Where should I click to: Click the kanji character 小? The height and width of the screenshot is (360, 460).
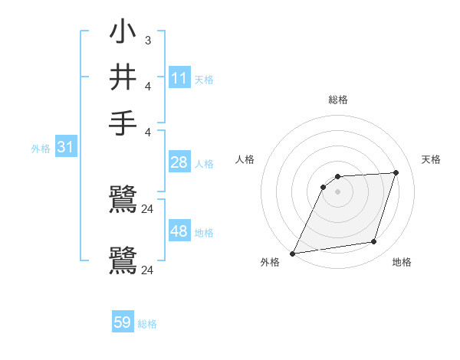click(x=123, y=32)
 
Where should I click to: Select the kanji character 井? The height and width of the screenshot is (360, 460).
click(x=123, y=77)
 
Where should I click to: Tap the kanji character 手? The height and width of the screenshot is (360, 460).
click(x=123, y=123)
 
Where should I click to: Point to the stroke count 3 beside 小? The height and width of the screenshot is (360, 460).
click(x=147, y=41)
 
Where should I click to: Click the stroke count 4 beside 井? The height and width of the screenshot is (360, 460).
click(x=147, y=86)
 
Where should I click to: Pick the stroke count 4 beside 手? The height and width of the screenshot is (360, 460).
click(x=147, y=131)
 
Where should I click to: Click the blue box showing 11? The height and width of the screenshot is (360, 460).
click(x=179, y=78)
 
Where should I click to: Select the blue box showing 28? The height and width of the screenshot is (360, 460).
click(x=179, y=162)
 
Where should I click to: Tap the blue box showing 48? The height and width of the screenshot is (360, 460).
click(x=179, y=231)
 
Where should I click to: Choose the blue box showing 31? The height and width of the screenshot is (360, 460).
click(x=65, y=147)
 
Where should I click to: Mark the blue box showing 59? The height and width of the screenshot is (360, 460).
click(x=123, y=322)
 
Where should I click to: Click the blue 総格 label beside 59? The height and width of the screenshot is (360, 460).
click(x=147, y=324)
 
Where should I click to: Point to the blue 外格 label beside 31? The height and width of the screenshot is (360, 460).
click(x=40, y=149)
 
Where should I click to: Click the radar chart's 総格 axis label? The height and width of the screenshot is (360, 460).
click(x=337, y=100)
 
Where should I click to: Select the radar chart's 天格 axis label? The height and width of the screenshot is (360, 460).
click(x=431, y=159)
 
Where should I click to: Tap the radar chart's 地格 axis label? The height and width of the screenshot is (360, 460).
click(x=402, y=263)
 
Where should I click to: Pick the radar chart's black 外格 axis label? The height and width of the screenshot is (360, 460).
click(x=270, y=263)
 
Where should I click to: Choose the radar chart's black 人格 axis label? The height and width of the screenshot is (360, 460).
click(x=245, y=159)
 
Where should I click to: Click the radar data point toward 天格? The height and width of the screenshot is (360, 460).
click(x=396, y=172)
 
